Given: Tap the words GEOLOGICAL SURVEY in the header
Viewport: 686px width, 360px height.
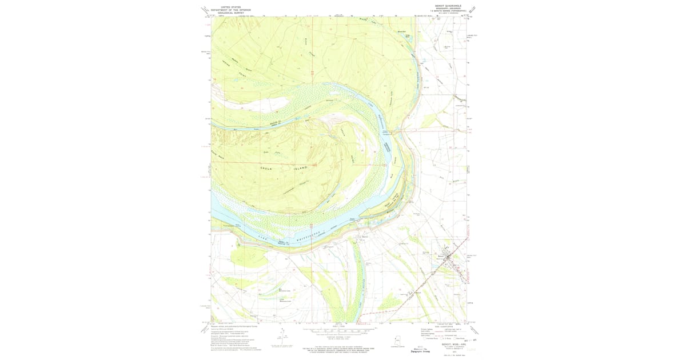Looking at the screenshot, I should coord(227,13).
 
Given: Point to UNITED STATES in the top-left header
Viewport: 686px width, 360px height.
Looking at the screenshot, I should coord(227,7).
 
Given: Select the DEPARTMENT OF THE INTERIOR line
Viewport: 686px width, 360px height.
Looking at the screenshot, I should coord(227,10).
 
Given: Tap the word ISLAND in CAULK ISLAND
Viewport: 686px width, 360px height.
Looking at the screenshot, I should coord(300,167).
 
